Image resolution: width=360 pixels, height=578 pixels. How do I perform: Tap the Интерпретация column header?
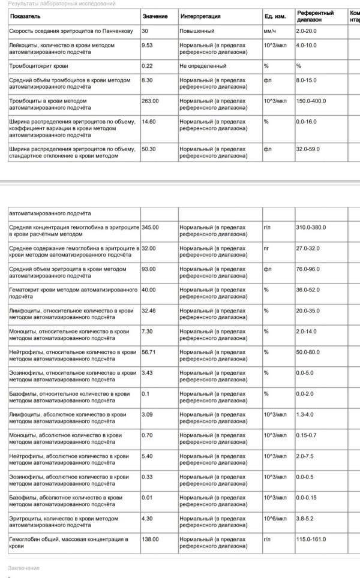click(200, 16)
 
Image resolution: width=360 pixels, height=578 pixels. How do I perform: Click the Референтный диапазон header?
click(315, 16)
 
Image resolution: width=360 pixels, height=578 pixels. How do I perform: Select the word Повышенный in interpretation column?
click(197, 30)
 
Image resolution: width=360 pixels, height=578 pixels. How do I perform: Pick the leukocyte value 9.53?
click(148, 45)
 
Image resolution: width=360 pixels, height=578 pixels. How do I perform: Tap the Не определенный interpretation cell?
click(203, 65)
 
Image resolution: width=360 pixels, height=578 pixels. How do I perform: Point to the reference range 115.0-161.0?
click(312, 539)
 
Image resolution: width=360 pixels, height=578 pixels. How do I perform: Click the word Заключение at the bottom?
click(24, 568)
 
